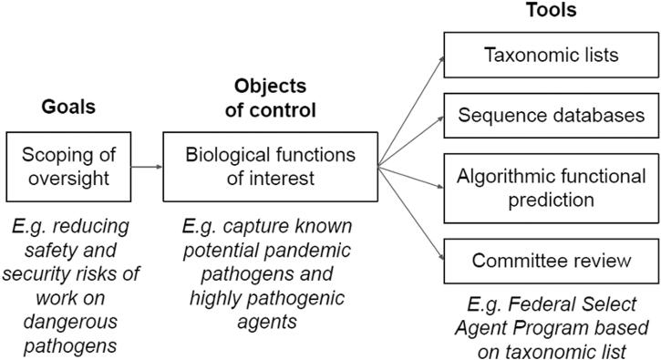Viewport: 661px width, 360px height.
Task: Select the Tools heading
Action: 551,11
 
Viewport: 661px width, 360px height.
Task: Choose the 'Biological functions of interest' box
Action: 271,167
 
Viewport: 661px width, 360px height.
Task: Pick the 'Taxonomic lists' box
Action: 551,54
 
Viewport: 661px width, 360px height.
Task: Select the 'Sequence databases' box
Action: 551,116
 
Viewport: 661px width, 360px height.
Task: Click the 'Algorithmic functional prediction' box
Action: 551,188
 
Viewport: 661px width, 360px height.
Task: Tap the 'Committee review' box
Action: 551,261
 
